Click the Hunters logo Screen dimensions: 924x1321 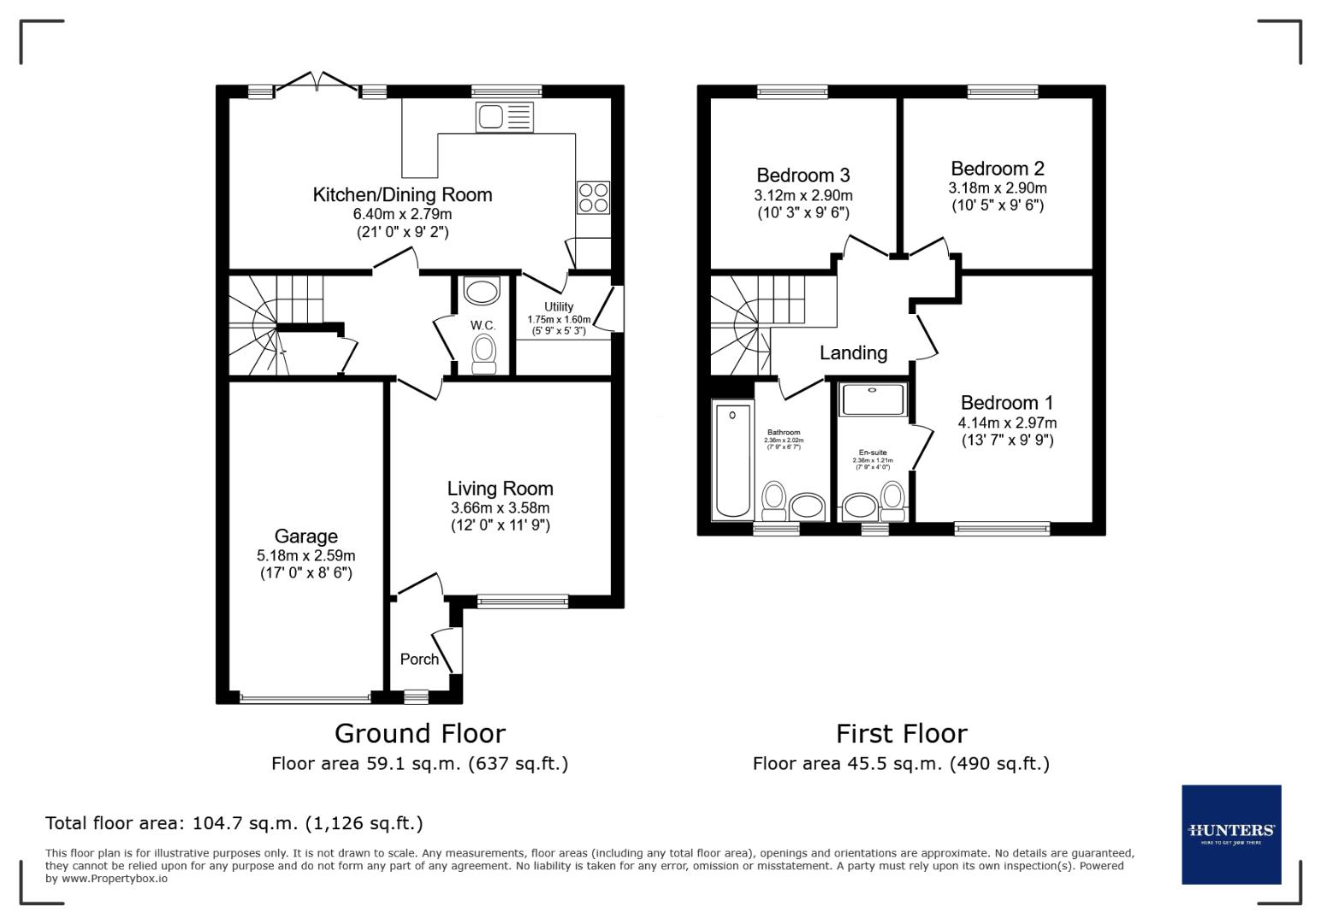[x=1231, y=834]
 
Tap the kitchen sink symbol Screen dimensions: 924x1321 [x=505, y=116]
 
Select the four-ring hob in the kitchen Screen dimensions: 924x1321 [x=594, y=198]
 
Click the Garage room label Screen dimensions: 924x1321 [x=305, y=536]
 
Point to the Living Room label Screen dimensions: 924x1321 [x=500, y=489]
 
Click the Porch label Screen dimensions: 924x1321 [x=419, y=659]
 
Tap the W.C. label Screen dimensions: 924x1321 [x=483, y=325]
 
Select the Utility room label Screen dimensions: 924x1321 [x=559, y=306]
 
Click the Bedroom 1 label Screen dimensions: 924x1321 [x=1006, y=403]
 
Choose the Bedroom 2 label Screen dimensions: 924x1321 [x=997, y=169]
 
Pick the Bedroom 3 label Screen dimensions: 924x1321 [x=803, y=175]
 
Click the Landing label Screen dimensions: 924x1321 [x=853, y=352]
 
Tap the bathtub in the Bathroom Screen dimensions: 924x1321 [x=732, y=462]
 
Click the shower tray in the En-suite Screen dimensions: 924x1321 [x=872, y=399]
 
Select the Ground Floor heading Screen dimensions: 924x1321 [x=419, y=733]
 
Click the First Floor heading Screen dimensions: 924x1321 [x=901, y=733]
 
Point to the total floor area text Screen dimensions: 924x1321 [x=234, y=823]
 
